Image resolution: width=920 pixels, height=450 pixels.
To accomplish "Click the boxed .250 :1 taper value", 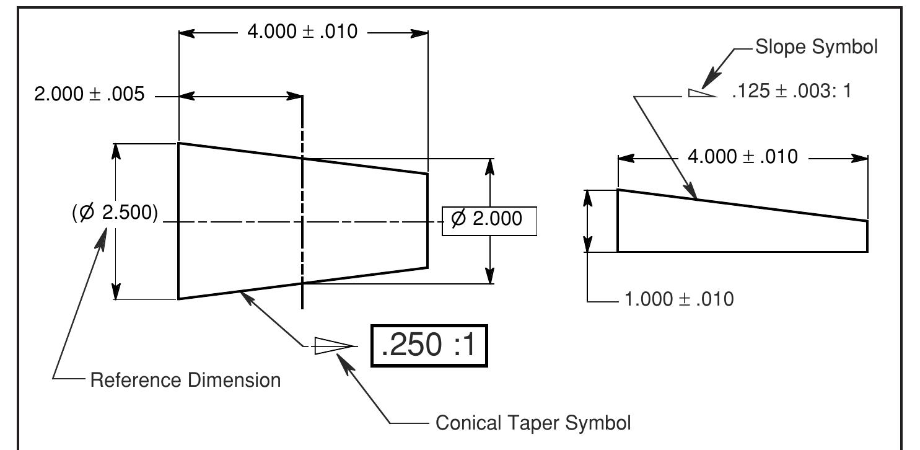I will (429, 346).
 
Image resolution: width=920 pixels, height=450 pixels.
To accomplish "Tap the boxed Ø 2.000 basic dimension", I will (489, 219).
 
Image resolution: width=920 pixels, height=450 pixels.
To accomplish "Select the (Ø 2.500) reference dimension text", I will (115, 213).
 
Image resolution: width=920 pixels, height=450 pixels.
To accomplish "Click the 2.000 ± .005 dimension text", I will (89, 94).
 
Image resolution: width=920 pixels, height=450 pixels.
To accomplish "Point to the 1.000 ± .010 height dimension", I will (678, 299).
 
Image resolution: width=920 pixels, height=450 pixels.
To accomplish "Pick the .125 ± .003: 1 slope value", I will (791, 92).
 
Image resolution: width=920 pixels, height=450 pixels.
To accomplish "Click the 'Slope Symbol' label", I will (816, 48).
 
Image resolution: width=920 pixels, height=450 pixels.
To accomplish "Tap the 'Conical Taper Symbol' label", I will (533, 423).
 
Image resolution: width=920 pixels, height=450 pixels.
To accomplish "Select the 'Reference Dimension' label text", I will (185, 379).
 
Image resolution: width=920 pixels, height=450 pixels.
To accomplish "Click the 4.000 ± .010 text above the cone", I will (302, 32).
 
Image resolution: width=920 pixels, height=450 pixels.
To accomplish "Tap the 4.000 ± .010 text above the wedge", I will (742, 157).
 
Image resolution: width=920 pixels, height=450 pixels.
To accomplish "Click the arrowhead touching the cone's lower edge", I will (247, 296).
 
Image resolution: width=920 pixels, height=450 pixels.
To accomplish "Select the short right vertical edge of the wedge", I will (867, 236).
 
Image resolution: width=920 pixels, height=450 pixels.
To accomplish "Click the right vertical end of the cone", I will (427, 221).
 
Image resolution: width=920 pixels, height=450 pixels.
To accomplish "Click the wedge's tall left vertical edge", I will (618, 221).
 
